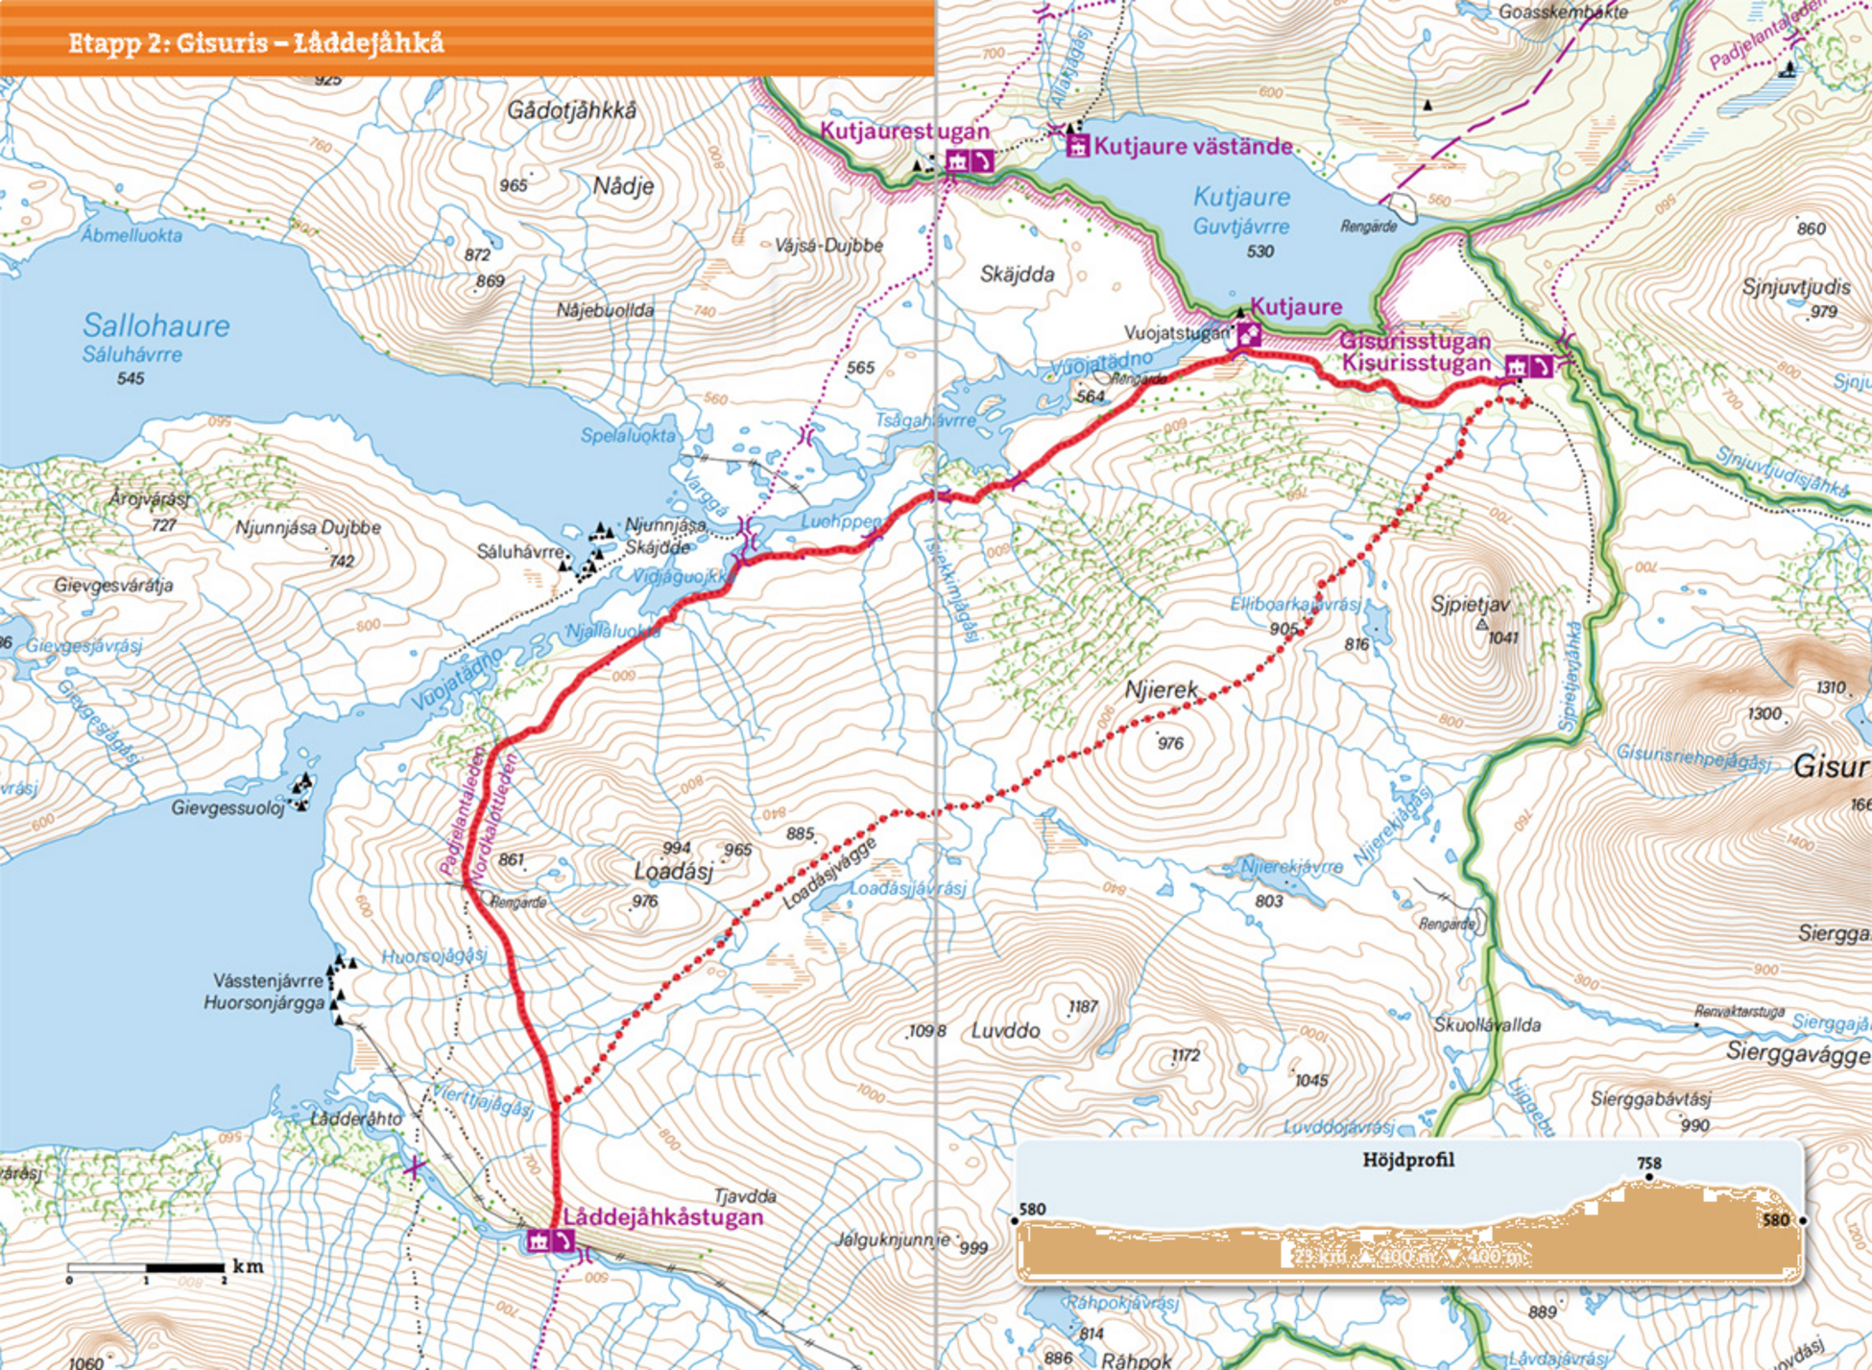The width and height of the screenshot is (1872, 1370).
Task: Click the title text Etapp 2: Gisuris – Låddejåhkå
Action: point(255,43)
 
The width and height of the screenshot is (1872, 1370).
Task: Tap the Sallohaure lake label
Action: point(156,325)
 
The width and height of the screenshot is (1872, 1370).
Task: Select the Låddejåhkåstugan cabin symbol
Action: point(539,1240)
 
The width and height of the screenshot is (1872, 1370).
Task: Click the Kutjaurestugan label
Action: point(903,132)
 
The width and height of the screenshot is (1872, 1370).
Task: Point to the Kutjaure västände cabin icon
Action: point(1078,146)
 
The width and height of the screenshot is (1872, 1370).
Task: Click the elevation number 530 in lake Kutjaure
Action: point(1260,252)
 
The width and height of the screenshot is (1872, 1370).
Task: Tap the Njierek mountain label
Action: point(1162,689)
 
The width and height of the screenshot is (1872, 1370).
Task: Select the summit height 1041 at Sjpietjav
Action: point(1503,637)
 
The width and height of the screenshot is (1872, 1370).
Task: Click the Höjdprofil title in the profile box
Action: point(1408,1160)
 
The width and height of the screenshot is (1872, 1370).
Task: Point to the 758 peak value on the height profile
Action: point(1649,1163)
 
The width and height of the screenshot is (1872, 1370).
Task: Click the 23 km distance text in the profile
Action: point(1320,1256)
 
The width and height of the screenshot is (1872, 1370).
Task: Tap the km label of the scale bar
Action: point(248,1266)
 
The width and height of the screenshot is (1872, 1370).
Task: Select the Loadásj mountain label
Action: point(673,871)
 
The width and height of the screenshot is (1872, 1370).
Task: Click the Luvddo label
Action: point(1005,1031)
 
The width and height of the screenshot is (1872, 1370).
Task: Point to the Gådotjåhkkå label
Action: point(571,110)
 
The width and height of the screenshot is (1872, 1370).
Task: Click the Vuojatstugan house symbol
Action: point(1249,334)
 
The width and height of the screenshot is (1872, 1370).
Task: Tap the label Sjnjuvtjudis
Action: point(1795,287)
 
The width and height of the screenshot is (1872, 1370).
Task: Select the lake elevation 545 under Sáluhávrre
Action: point(131,378)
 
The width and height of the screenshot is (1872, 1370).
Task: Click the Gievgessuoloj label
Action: point(228,807)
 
